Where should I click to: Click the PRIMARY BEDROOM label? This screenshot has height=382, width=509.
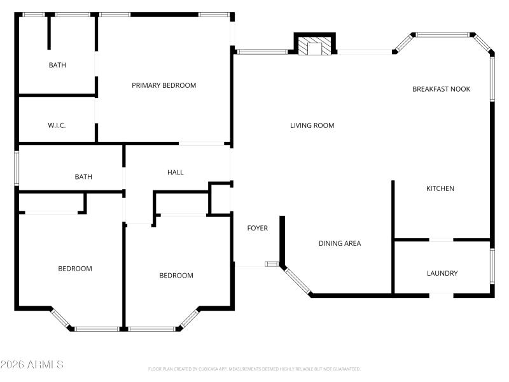(164, 85)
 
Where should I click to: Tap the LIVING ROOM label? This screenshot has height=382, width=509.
(312, 125)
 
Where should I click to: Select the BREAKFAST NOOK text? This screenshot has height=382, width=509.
(441, 89)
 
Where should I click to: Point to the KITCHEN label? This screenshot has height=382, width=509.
(440, 188)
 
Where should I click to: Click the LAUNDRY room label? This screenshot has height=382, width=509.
(442, 273)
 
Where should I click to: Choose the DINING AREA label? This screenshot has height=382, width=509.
(339, 243)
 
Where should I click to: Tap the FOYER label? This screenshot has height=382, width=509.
(257, 228)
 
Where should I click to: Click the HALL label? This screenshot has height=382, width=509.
(175, 172)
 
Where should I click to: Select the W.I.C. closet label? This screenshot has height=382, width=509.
(57, 125)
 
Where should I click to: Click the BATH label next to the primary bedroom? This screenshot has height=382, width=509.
(57, 65)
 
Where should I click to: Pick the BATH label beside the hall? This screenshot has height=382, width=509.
(83, 177)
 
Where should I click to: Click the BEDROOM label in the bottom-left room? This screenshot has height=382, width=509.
(75, 269)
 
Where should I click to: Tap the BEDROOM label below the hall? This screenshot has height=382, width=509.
(176, 276)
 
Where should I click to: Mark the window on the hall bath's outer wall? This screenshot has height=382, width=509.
(17, 169)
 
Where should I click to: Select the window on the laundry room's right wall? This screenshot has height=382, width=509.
(492, 266)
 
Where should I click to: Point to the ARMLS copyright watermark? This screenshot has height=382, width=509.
(32, 365)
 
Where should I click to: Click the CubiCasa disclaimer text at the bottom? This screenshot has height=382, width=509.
(254, 369)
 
